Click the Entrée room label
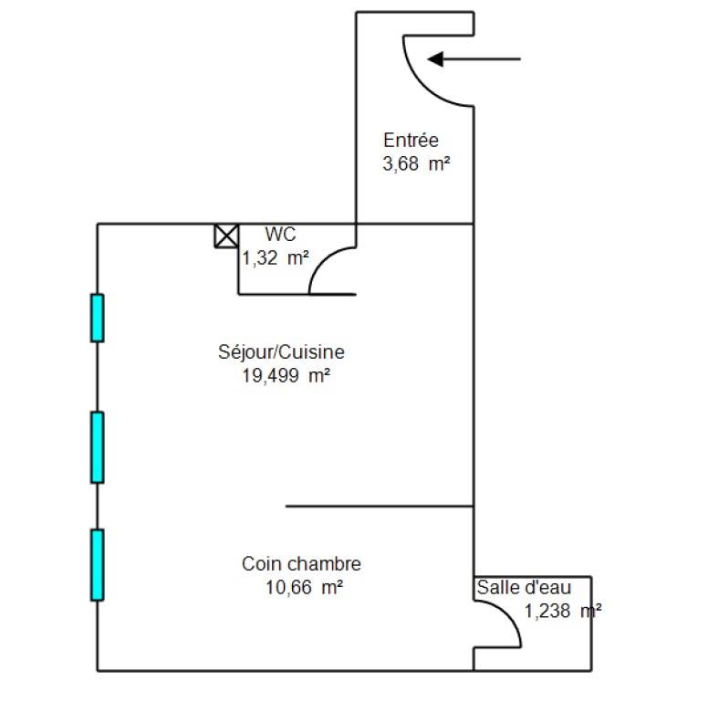(x=411, y=141)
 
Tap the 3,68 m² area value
(x=416, y=163)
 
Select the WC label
(x=280, y=235)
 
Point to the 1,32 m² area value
(x=276, y=258)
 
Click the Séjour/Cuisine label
(x=281, y=352)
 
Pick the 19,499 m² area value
(x=286, y=376)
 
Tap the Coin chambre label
(x=301, y=564)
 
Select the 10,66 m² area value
(x=304, y=588)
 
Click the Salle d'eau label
(x=524, y=588)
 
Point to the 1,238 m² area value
(x=563, y=611)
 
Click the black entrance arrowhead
(x=435, y=59)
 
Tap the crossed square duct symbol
(x=226, y=236)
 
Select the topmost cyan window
(x=98, y=319)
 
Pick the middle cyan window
(x=98, y=447)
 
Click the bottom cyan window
(x=98, y=565)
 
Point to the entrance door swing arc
(x=423, y=86)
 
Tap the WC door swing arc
(x=323, y=260)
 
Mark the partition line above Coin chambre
(x=380, y=507)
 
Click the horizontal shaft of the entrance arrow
(x=482, y=59)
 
